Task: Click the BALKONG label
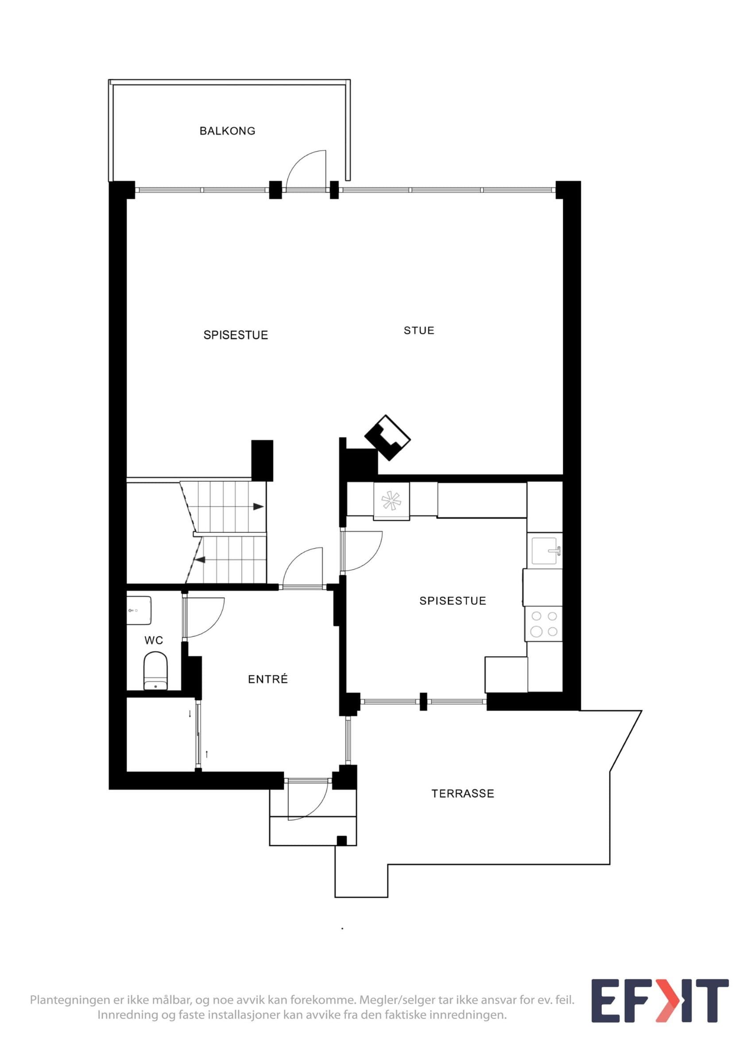pos(227,131)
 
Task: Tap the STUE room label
pos(419,330)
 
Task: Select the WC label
pos(154,640)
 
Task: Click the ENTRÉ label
pos(268,679)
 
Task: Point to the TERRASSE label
pos(463,794)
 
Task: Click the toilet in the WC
pos(156,671)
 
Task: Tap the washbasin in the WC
pos(139,610)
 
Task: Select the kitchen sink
pos(546,551)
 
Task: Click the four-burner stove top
pos(544,624)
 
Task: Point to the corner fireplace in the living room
pos(388,438)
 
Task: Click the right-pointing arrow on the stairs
pos(258,507)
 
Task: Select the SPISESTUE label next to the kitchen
pos(453,601)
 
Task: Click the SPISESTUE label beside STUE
pos(236,335)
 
